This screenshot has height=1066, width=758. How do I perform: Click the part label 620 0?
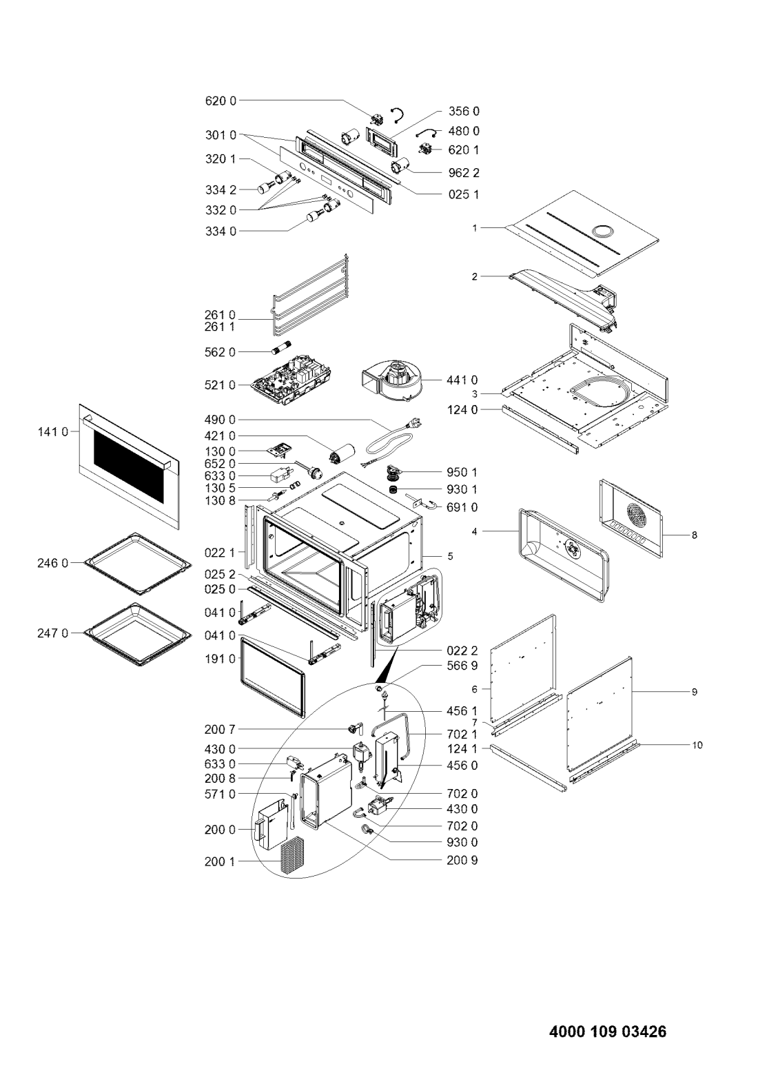tap(221, 101)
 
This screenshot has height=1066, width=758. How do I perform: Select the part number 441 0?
tap(462, 380)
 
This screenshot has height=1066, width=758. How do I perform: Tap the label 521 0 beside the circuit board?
tap(220, 385)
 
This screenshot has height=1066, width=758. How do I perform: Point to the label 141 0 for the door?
tap(53, 432)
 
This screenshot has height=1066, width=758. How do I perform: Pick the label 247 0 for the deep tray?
tap(53, 633)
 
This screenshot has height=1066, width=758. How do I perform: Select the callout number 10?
tap(697, 746)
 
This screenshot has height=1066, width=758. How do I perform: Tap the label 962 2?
tap(464, 173)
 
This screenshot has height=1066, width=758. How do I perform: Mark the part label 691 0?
tap(462, 507)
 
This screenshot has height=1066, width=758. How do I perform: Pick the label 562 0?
tap(220, 352)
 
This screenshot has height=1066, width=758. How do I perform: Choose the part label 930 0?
tap(462, 842)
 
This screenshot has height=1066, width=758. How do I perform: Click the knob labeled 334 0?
tap(314, 217)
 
